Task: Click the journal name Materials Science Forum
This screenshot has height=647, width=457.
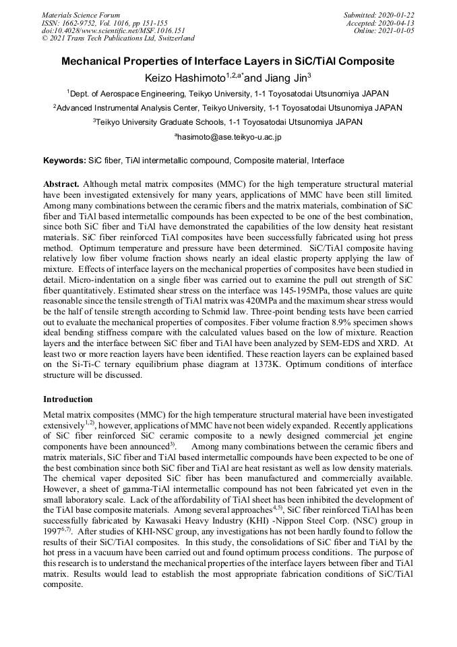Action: click(x=81, y=14)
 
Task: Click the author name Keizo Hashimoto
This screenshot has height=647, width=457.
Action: click(x=185, y=78)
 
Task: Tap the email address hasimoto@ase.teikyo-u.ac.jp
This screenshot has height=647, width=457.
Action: click(x=229, y=137)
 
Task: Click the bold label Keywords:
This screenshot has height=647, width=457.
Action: click(x=65, y=161)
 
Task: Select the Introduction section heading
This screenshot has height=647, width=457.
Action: click(x=68, y=399)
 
